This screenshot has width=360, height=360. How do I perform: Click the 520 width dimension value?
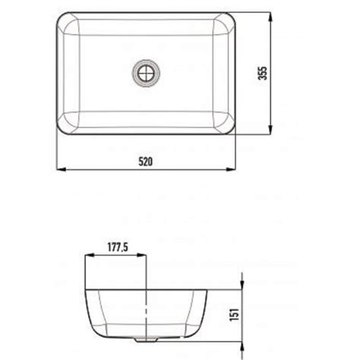[146, 162]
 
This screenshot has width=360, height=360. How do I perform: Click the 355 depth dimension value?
[262, 73]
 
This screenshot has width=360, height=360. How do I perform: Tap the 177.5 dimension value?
[118, 247]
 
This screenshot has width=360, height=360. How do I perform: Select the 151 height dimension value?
[234, 314]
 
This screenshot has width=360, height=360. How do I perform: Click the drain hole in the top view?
[146, 73]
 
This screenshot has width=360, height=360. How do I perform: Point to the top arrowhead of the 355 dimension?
[270, 17]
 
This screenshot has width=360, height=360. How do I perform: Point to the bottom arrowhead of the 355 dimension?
[270, 129]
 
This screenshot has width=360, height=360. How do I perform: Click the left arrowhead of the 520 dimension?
[61, 169]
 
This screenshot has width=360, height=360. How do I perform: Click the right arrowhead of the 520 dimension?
[231, 169]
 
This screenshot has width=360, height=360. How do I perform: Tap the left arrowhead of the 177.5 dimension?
[90, 255]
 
